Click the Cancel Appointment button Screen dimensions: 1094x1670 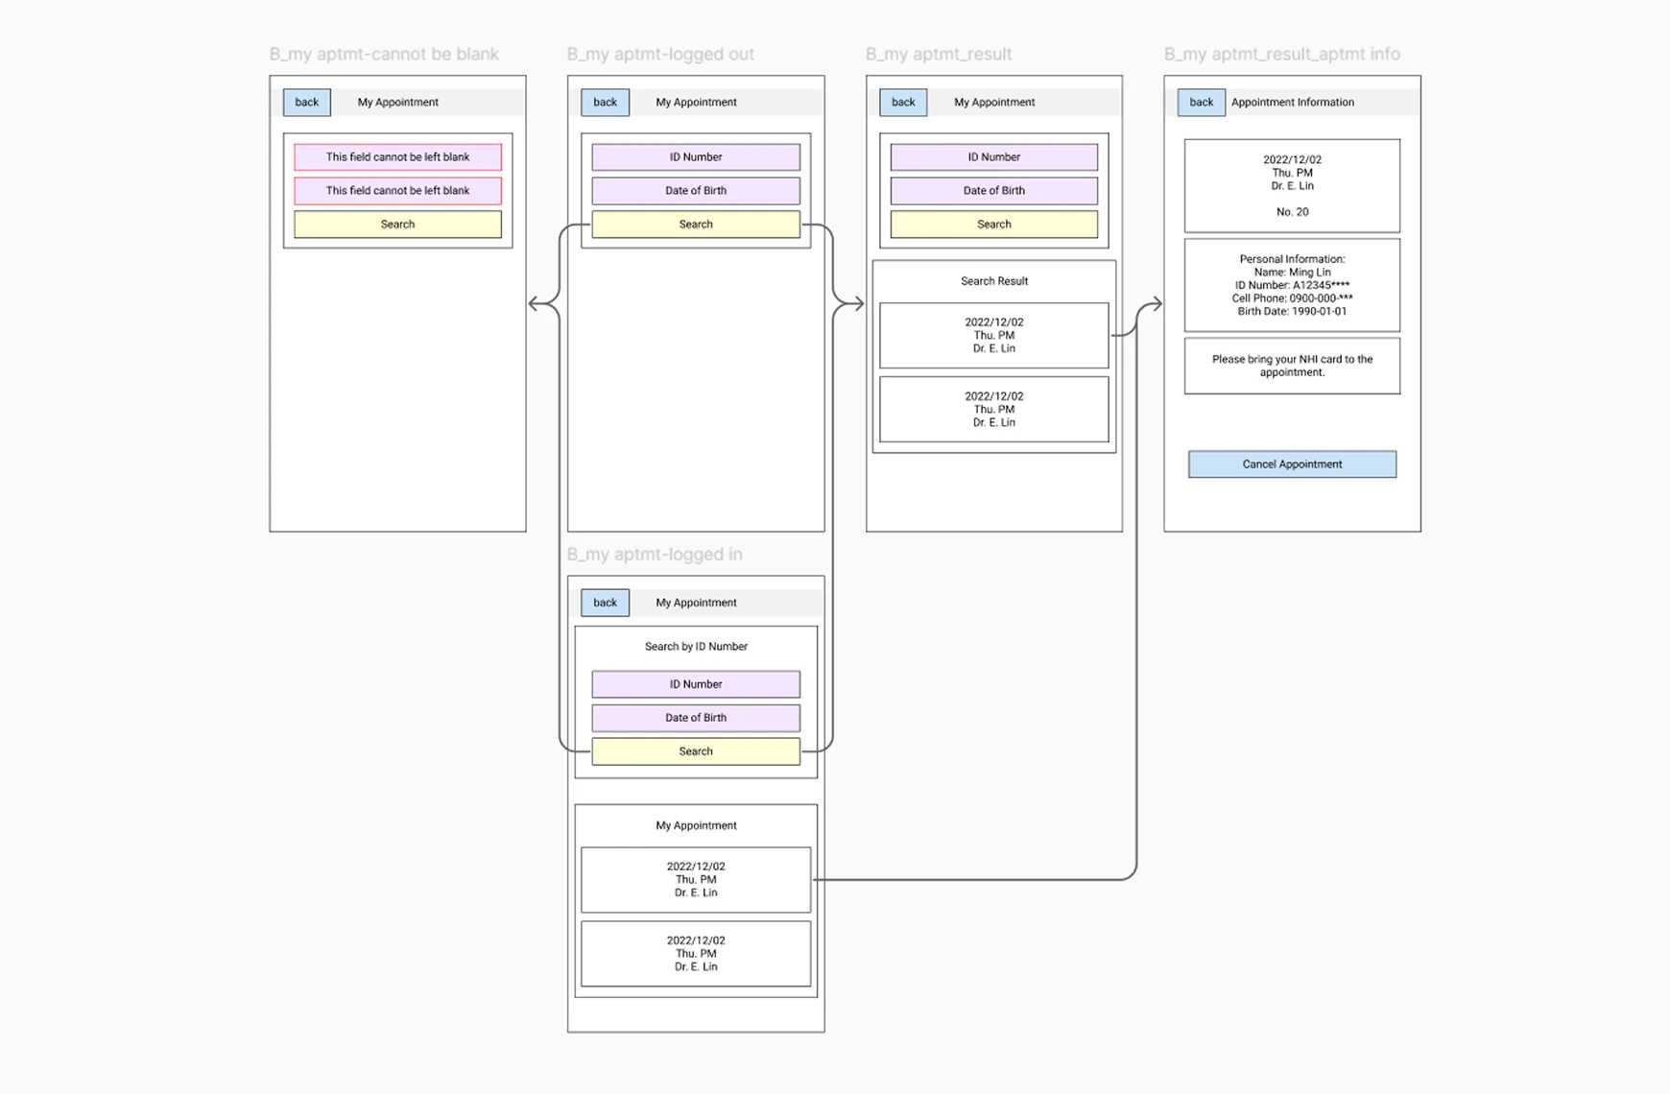[x=1292, y=464]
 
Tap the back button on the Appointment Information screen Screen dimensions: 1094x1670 [x=1201, y=103]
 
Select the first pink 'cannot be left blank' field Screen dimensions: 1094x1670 [x=397, y=157]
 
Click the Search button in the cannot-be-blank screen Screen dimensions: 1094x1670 [x=397, y=225]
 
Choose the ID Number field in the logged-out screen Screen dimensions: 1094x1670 [x=696, y=157]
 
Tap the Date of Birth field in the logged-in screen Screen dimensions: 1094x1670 [x=696, y=718]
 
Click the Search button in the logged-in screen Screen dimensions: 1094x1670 [x=696, y=751]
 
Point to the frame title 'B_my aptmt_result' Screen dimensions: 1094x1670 [x=938, y=55]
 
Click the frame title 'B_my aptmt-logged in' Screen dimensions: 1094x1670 [x=654, y=555]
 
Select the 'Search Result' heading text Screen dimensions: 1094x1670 [x=994, y=281]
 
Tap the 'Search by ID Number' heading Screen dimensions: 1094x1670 [x=696, y=647]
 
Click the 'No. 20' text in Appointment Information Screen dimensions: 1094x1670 [x=1292, y=212]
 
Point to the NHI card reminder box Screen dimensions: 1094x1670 [x=1292, y=366]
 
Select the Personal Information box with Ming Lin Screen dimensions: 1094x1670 [x=1292, y=285]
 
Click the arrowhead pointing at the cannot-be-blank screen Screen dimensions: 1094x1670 [x=534, y=304]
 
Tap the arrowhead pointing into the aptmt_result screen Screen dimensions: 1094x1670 [x=858, y=304]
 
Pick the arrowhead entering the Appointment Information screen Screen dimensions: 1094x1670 [x=1157, y=304]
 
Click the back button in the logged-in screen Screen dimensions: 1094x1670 [x=605, y=603]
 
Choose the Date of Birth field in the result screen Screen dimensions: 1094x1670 [x=994, y=191]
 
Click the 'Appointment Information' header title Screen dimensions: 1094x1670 [x=1292, y=103]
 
